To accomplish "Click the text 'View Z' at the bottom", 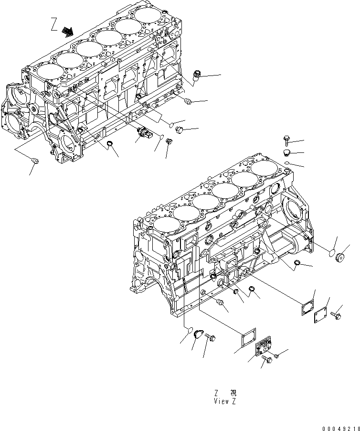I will [225, 401].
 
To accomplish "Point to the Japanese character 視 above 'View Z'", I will [233, 393].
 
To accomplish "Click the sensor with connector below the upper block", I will [145, 134].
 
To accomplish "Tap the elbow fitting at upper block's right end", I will [197, 75].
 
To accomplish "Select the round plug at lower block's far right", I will [341, 259].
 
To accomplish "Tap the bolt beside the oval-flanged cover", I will [210, 338].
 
